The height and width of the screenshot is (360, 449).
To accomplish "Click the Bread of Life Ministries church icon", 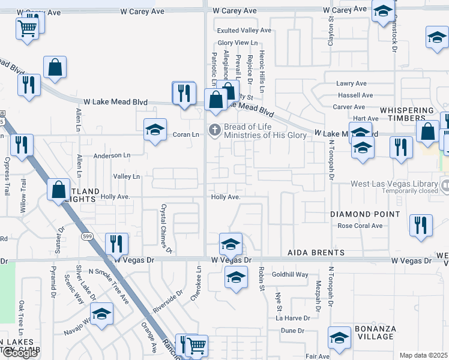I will (214, 130).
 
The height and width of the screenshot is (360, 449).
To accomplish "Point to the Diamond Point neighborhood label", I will (365, 214).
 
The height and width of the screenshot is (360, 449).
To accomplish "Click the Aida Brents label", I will (315, 253).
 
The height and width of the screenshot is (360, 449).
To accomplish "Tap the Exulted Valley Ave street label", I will (244, 30).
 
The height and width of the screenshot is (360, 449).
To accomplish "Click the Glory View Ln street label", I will (237, 43).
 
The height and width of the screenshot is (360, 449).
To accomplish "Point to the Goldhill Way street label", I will (290, 274).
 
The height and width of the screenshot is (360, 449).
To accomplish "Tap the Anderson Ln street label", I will (112, 155).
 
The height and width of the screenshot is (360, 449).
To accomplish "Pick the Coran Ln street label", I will (185, 134).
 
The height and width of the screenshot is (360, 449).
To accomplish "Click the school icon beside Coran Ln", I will (155, 130).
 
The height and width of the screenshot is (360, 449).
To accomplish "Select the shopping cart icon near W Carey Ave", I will (28, 27).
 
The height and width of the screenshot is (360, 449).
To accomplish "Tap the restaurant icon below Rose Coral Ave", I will (421, 226).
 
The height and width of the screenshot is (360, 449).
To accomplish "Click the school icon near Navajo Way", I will (101, 314).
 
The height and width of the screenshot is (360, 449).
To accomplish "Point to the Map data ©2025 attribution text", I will (423, 355).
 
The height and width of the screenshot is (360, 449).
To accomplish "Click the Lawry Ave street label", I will (351, 83).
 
